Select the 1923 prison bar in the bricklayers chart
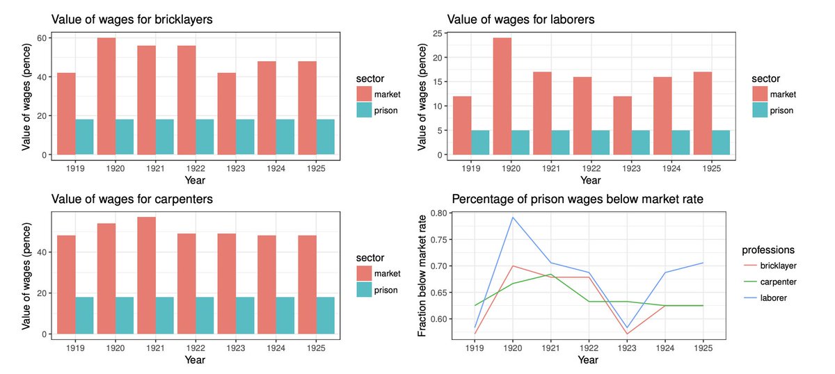[246, 137]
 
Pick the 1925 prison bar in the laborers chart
[721, 143]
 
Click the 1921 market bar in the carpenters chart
[146, 275]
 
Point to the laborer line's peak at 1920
[513, 218]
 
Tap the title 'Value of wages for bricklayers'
[132, 19]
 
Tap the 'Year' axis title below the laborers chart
[590, 180]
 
